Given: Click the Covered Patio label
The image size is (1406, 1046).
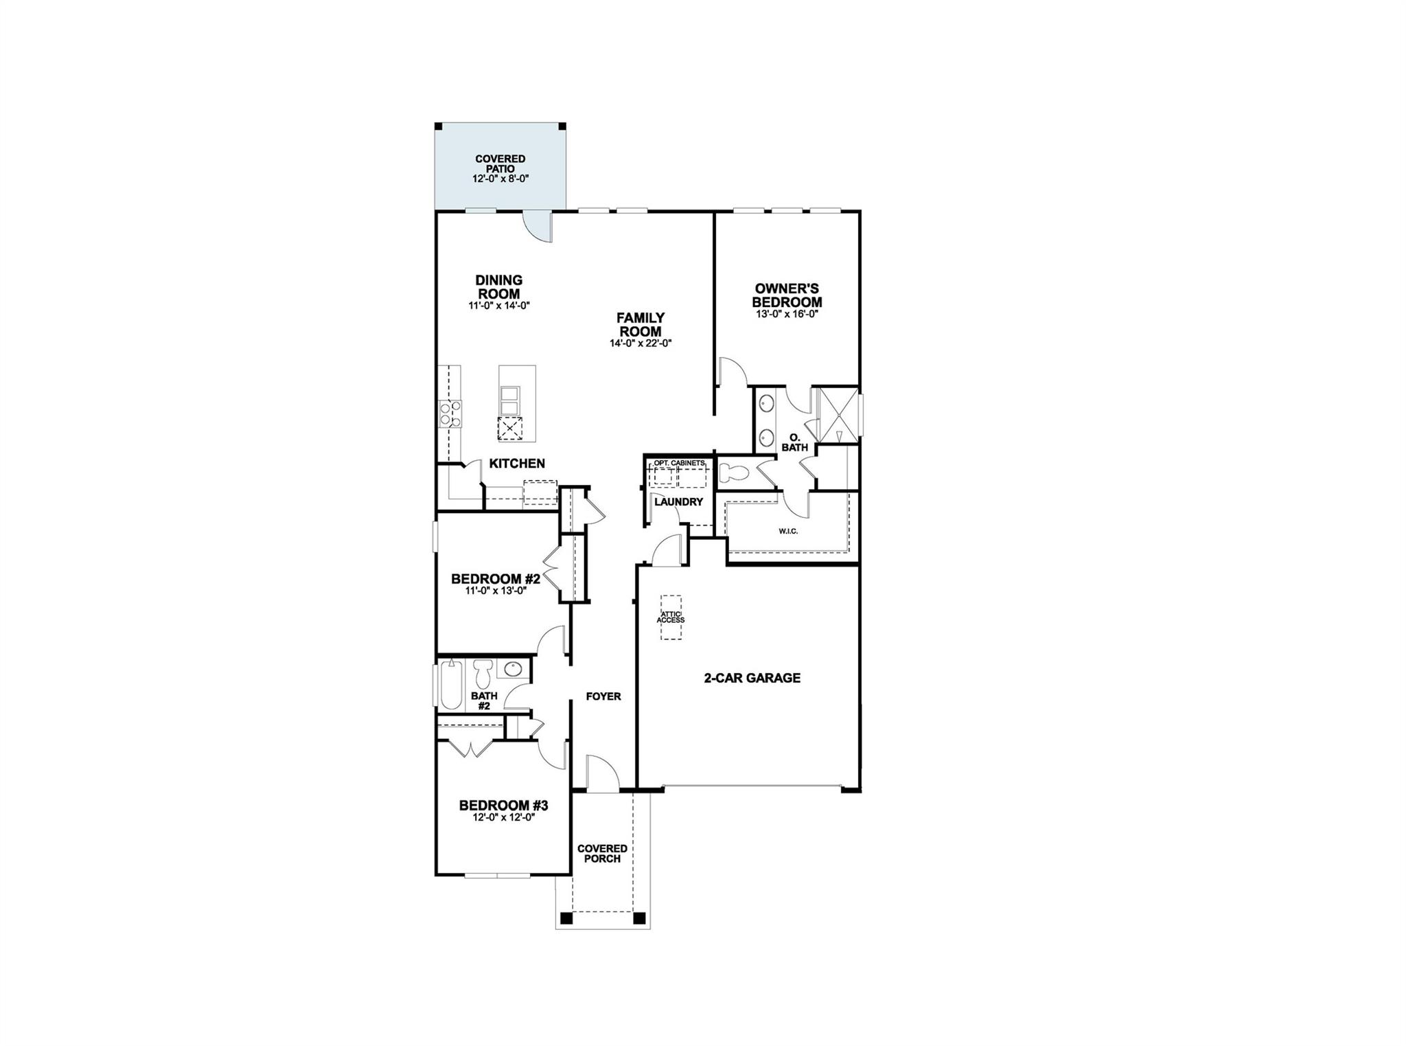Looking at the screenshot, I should pos(500,164).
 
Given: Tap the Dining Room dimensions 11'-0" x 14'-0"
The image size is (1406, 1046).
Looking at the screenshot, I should pos(499,306).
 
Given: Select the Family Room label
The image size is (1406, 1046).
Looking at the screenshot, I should pos(640,324).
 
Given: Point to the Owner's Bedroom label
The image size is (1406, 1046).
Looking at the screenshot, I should pos(787,295).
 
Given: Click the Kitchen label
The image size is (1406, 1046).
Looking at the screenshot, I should pos(517,464).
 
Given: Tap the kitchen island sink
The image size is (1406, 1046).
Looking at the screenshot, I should pos(510,398).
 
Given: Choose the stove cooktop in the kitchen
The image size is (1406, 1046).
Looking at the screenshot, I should pos(450,413).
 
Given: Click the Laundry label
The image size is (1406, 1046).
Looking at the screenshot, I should pos(678,502).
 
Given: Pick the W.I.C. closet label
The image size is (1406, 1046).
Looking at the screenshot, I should pos(788,531).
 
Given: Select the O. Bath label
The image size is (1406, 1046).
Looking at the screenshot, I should pos(795,442).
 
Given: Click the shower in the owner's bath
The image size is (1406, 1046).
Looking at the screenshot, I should pos(835,412).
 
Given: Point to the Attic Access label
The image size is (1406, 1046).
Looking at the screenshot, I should pos(671,617).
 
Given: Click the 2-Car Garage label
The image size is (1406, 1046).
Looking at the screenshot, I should pos(752,678).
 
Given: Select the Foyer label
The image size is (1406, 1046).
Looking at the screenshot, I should pos(603,696).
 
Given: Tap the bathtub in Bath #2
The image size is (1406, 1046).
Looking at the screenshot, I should pos(451,685).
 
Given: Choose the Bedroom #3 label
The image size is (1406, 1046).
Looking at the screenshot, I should pos(503,805).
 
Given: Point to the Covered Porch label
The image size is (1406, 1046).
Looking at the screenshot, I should pos(602,854).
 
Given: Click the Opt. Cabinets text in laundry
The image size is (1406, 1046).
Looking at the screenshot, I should pos(679,464).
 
